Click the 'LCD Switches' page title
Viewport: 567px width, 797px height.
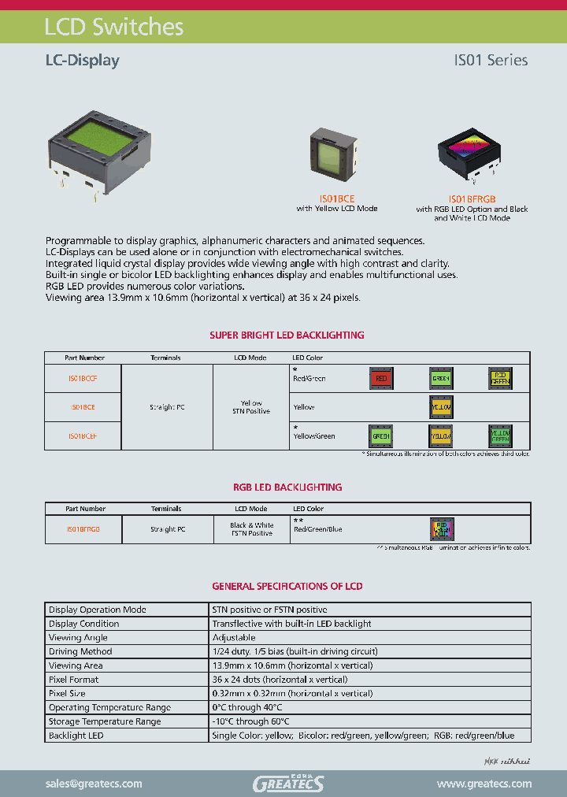coord(114,27)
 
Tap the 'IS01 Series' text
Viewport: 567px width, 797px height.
coord(490,60)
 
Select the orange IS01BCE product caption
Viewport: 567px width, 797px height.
coord(337,200)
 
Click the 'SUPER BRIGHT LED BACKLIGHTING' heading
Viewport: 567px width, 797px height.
coord(287,335)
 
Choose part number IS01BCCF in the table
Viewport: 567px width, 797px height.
coord(83,379)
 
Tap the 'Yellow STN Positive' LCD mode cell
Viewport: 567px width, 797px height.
coord(252,407)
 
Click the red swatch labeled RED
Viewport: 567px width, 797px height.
coord(381,379)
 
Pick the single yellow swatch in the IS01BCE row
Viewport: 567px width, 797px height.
coord(440,407)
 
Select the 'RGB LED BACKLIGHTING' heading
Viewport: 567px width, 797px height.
coord(287,487)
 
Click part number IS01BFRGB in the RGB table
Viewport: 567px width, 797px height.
coord(83,529)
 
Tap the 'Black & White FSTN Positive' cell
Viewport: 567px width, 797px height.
coord(252,529)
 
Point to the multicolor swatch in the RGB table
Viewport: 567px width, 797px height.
coord(441,528)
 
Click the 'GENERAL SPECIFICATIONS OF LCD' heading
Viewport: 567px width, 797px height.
coord(287,586)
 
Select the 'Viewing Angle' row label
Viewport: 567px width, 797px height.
coord(79,637)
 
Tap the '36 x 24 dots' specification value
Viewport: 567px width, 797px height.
coord(280,679)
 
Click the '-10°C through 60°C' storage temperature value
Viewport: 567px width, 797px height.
coord(251,721)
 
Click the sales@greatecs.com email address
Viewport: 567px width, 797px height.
coord(94,784)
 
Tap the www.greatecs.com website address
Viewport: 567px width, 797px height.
coord(484,784)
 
